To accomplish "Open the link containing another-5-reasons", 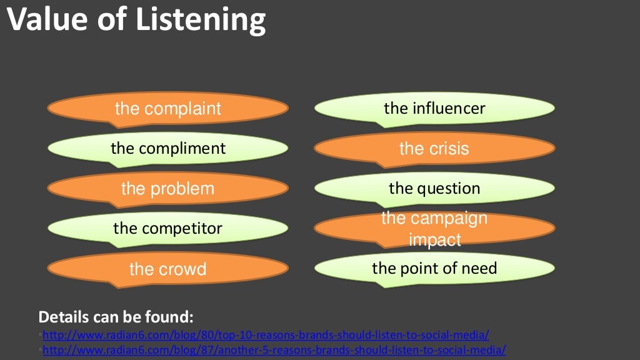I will click(x=274, y=349).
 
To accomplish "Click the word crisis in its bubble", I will click(x=448, y=149).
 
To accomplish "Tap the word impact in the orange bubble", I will click(x=435, y=239).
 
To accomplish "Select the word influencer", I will click(x=449, y=109).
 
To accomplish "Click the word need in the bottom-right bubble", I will click(x=480, y=269).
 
